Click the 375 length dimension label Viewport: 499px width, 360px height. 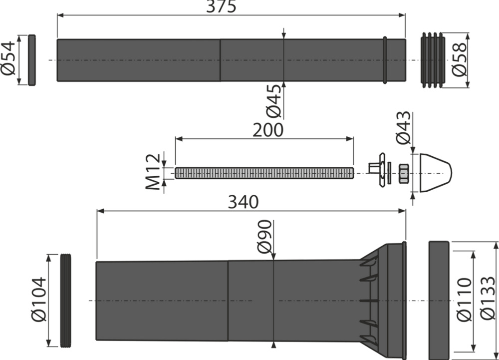(221, 6)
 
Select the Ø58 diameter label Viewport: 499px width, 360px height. (459, 59)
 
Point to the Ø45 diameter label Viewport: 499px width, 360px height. (273, 101)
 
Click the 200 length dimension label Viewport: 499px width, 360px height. (267, 130)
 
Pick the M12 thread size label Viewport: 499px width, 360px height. (153, 172)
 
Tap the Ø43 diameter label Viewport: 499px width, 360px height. (404, 128)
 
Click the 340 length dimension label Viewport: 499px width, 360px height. (244, 202)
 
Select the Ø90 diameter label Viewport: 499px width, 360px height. (265, 237)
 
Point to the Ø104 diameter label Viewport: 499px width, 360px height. (39, 300)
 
